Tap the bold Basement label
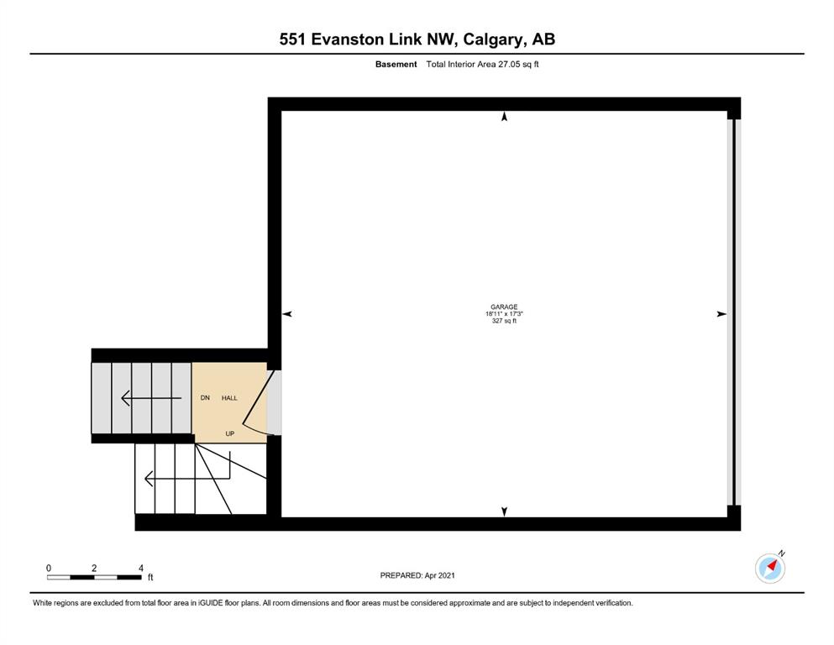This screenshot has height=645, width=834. point(396,65)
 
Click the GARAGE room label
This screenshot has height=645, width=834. point(504,307)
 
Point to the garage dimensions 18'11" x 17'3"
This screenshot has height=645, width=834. point(504,314)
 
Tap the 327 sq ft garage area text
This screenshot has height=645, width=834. point(504,321)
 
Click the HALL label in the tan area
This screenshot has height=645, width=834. point(229,398)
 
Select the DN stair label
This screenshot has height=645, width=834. point(205,398)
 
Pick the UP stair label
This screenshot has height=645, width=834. point(230,433)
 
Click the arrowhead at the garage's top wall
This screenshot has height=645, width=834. point(504,117)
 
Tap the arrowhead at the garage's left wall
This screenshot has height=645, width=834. point(287,314)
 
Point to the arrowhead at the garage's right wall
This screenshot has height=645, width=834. point(721,314)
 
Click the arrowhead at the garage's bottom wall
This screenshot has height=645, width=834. point(504,511)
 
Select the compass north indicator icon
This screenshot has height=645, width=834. point(770,568)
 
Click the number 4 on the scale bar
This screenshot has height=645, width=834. point(141,569)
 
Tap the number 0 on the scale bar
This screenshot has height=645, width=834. point(49,569)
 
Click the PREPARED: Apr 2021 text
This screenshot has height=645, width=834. point(417,575)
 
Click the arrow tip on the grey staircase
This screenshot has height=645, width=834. point(123,398)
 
